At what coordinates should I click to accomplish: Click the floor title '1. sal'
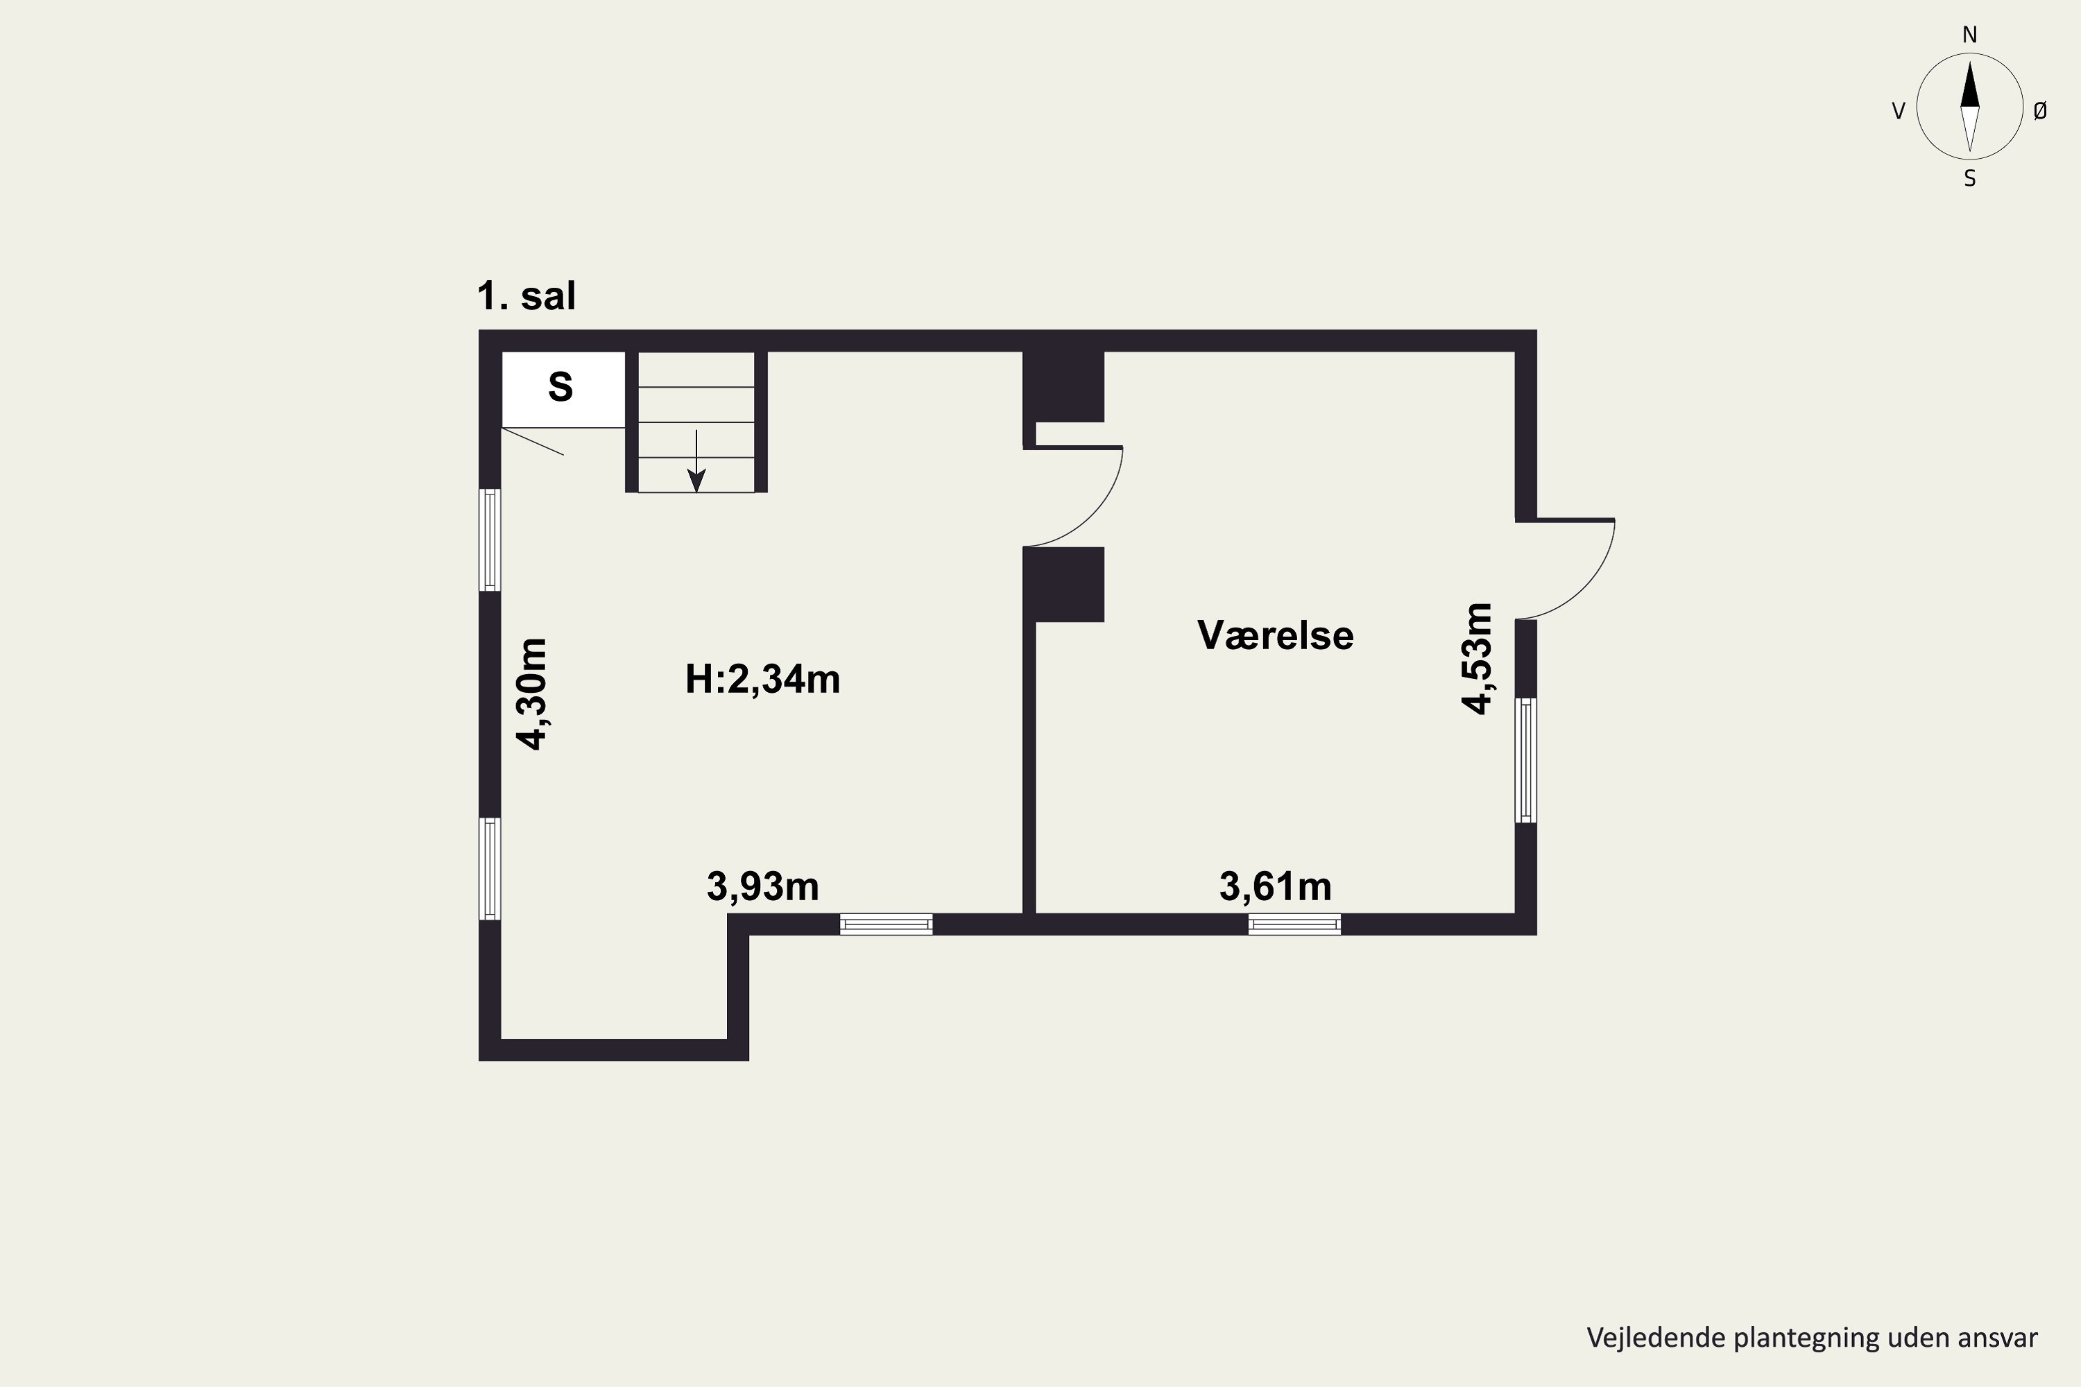526,295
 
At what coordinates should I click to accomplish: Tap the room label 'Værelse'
1275,635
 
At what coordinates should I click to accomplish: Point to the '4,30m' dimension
533,693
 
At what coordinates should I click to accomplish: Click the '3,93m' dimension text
762,886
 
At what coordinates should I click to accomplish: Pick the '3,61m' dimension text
1275,886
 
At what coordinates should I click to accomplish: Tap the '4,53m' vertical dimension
1477,658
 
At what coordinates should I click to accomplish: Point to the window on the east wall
1525,760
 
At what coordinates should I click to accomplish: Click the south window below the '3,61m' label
1294,924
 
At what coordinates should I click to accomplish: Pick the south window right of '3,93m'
886,924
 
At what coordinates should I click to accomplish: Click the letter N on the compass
1969,35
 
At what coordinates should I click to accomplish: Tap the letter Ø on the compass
2039,110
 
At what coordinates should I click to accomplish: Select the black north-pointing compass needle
1969,84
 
